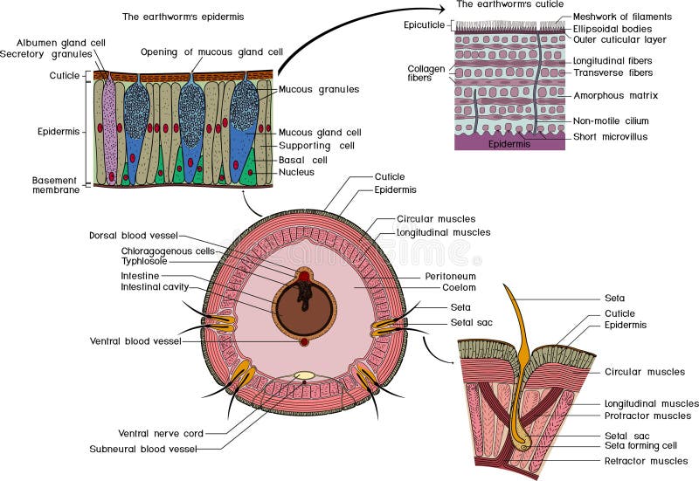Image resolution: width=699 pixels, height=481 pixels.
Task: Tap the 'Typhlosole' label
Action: pos(144,261)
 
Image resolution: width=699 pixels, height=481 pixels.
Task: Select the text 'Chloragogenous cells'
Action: pos(168,251)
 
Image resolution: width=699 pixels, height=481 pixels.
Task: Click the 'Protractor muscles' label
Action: pos(647,416)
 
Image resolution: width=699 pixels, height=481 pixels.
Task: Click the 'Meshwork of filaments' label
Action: pos(622,17)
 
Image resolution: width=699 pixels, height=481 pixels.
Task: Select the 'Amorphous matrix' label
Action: pos(615,94)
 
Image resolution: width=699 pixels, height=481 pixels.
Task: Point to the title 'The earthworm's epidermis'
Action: pos(183,17)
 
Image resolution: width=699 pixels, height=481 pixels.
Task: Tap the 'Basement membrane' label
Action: pos(56,184)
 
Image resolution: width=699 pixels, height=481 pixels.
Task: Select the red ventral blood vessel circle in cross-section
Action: pos(304,341)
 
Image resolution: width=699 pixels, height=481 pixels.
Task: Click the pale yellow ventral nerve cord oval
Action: pos(304,376)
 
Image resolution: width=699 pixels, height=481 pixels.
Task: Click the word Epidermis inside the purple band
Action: pos(509,143)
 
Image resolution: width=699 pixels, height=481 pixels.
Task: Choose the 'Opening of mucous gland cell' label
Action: pos(211,51)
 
